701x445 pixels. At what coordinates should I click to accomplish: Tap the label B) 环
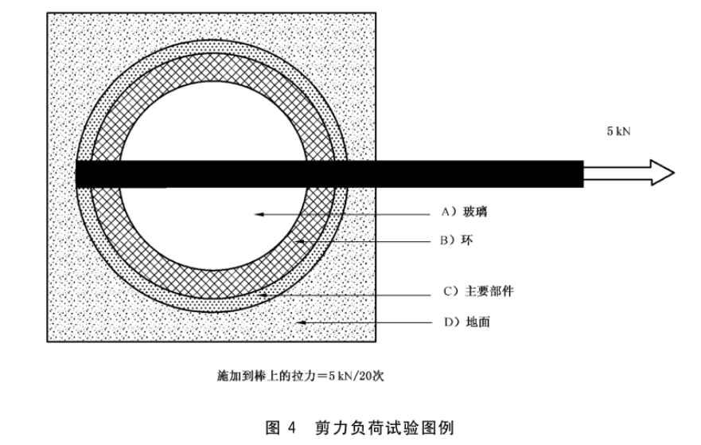coord(457,240)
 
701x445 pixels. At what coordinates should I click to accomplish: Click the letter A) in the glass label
coord(447,213)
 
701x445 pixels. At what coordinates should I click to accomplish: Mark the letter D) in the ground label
coord(447,322)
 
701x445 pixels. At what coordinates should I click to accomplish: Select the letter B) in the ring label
coord(447,240)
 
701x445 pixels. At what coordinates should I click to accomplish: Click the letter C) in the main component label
coord(447,291)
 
